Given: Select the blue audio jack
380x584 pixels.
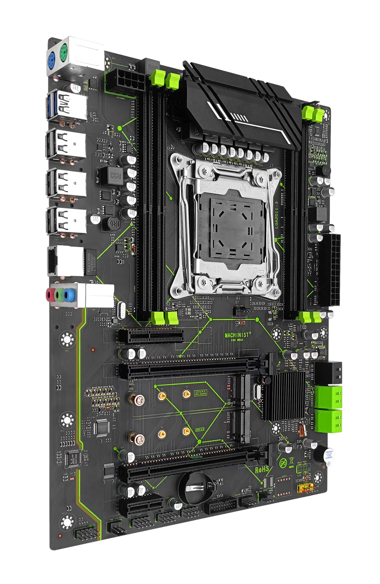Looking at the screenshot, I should click(x=67, y=295).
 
